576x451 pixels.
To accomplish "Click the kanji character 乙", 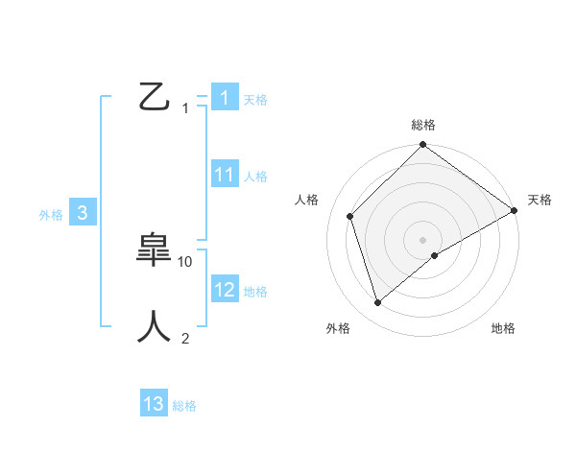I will click(x=156, y=97).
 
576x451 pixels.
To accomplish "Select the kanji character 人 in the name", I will click(x=156, y=326).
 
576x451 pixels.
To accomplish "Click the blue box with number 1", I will click(x=224, y=98).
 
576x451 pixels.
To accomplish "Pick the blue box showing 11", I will click(x=225, y=175).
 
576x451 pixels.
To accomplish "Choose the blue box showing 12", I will click(x=225, y=290).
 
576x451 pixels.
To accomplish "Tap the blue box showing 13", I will click(x=154, y=404).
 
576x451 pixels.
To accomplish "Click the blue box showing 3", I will click(x=83, y=213).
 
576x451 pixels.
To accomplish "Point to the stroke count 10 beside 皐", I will click(x=186, y=261).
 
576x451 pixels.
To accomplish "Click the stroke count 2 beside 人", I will click(x=185, y=338).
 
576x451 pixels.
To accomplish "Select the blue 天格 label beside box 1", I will click(x=255, y=100).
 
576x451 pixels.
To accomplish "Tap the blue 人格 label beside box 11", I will click(x=255, y=177).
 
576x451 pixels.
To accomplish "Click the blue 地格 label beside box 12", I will click(x=255, y=292).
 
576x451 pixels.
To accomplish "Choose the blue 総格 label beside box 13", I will click(x=184, y=406).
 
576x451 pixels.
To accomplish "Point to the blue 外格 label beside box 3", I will click(x=51, y=215).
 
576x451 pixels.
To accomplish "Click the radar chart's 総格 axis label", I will click(x=423, y=125).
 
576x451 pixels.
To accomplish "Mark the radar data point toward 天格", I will click(x=514, y=211).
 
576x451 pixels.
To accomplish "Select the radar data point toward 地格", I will click(x=435, y=254).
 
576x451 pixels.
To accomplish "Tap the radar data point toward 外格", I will click(x=378, y=303).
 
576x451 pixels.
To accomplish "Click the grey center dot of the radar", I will click(x=423, y=239).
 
